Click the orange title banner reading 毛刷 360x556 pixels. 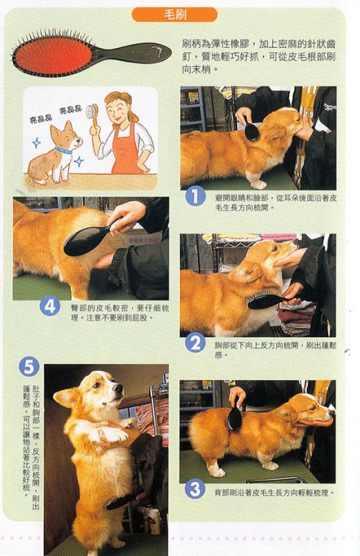174,15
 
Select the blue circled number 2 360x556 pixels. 195,343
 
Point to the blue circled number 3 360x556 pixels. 195,489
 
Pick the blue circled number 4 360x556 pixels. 49,306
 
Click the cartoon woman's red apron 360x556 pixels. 125,149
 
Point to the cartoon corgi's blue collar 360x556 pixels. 63,150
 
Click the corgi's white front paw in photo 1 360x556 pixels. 259,184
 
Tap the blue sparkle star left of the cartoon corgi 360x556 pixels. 36,143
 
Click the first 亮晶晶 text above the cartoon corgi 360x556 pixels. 41,119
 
